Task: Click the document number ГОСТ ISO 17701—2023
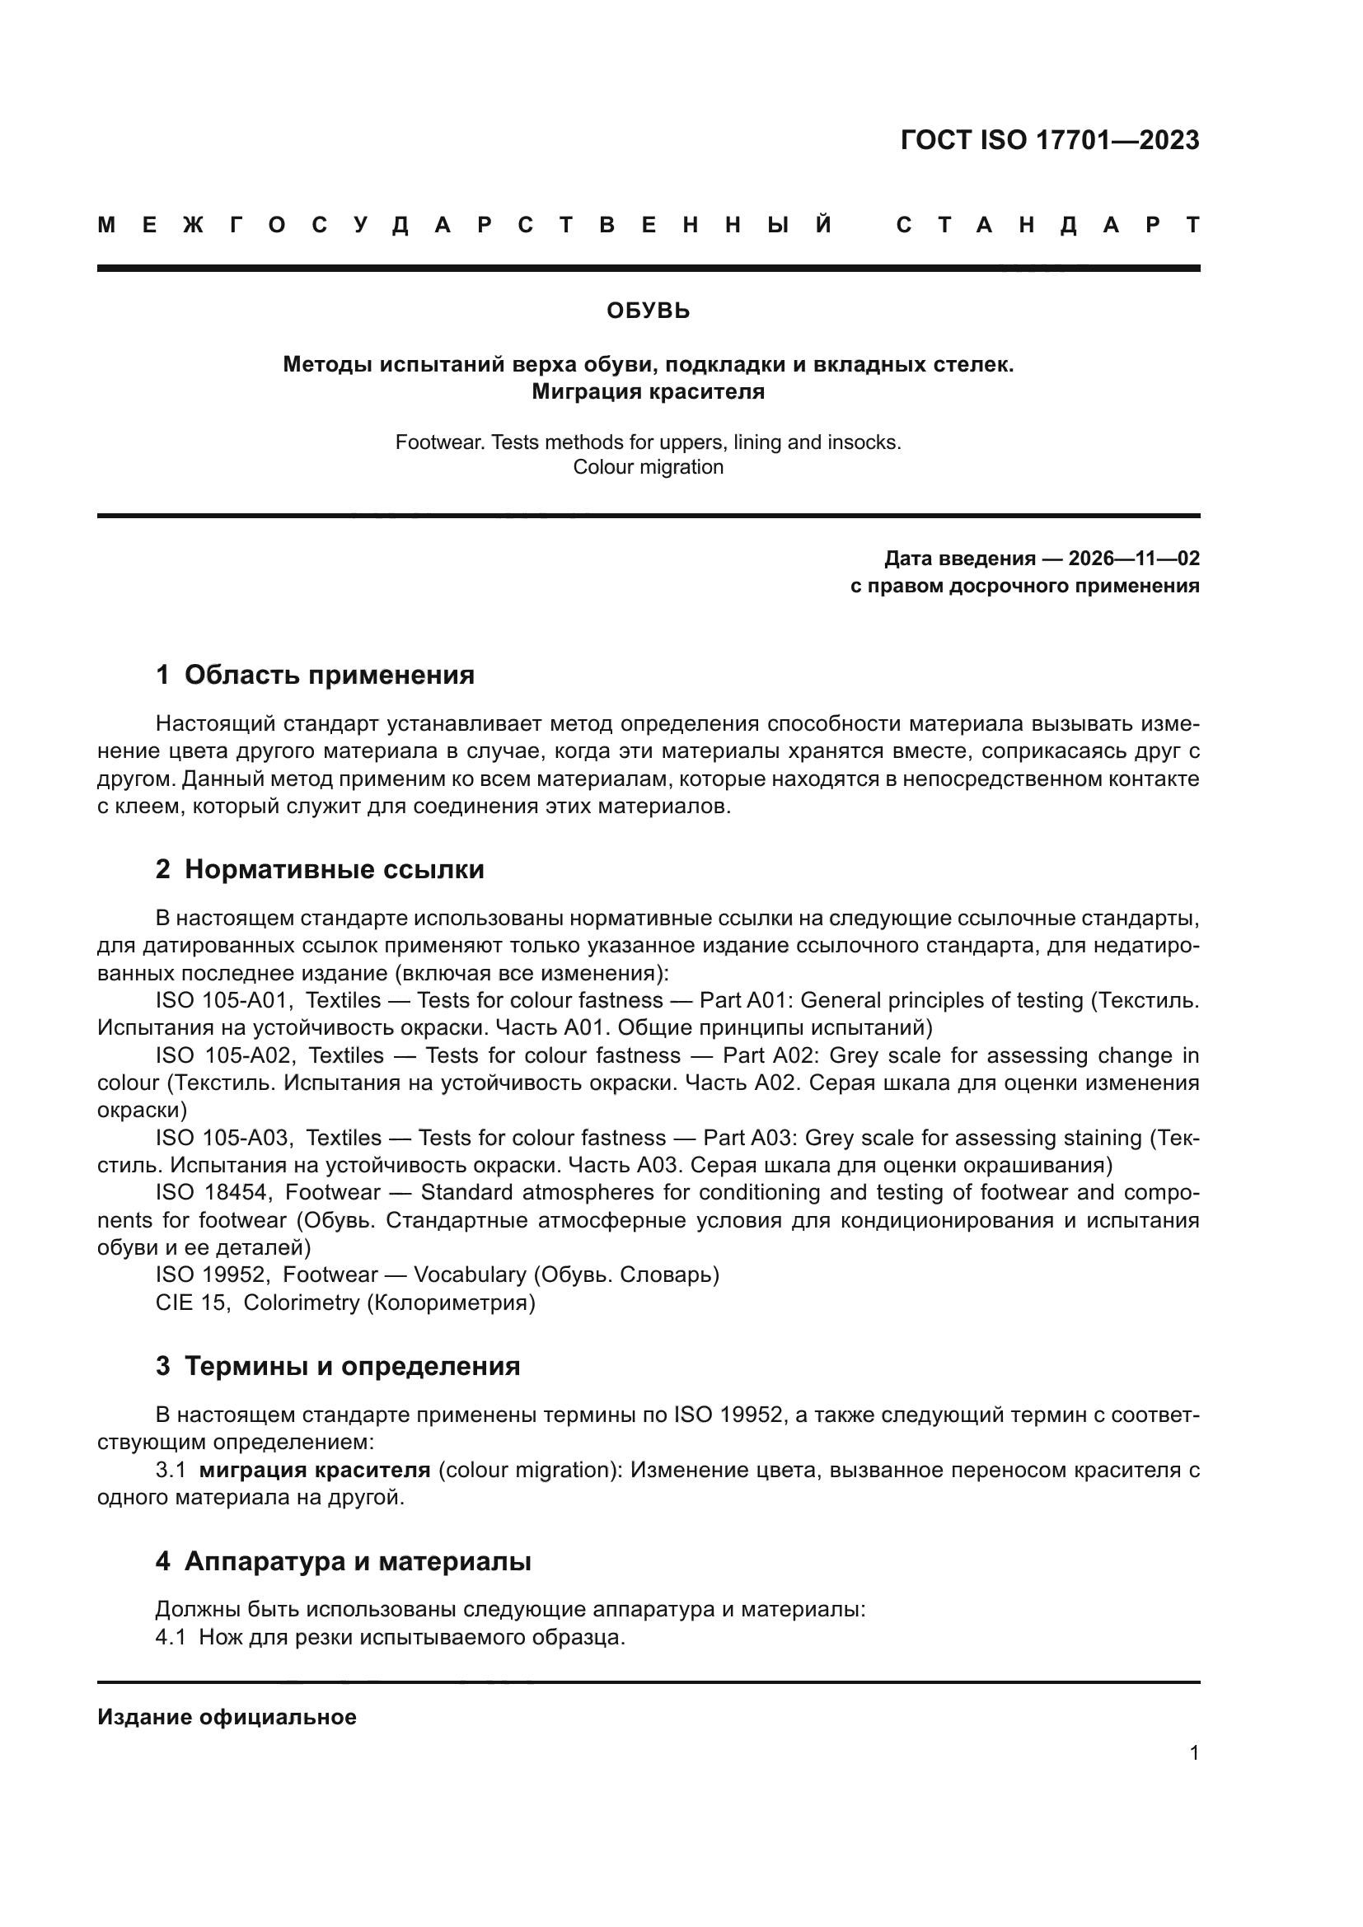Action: click(1049, 140)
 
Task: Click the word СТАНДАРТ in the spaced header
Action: click(1047, 225)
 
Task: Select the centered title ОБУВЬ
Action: click(648, 311)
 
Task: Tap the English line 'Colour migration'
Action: click(648, 467)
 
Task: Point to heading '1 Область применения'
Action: click(315, 675)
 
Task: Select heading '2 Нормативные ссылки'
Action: click(320, 869)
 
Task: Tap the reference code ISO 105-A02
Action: click(222, 1056)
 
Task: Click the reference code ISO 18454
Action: click(211, 1193)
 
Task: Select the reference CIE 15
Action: click(192, 1303)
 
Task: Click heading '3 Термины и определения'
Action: click(337, 1366)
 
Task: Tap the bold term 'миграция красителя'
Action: click(315, 1471)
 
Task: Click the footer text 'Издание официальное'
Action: click(227, 1717)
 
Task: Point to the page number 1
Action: click(1193, 1753)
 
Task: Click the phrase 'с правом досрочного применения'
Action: click(1024, 586)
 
